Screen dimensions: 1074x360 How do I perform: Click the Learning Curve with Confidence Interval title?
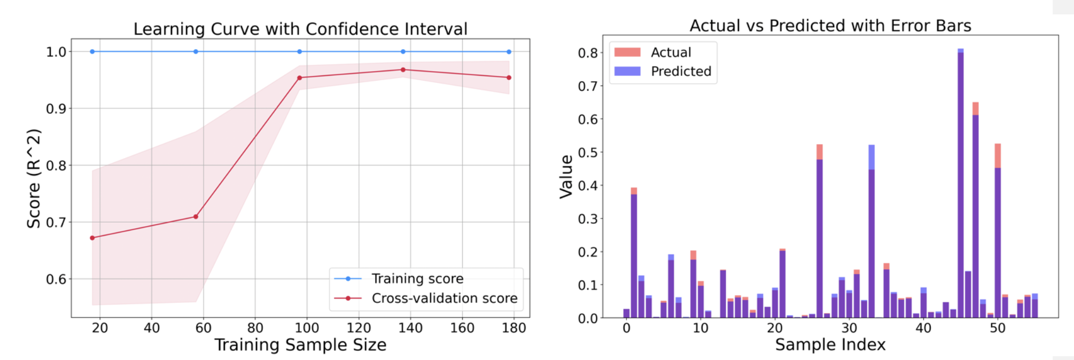tap(300, 28)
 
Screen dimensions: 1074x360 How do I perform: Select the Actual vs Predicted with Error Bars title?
tap(830, 25)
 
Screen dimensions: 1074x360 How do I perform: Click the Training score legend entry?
tap(399, 278)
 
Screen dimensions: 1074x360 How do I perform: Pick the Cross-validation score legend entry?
tap(425, 298)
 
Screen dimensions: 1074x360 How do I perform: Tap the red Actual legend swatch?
tap(627, 52)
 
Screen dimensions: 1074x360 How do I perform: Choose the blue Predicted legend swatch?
tap(627, 71)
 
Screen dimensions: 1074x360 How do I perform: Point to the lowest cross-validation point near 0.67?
tap(92, 238)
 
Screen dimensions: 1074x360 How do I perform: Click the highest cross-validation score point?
tap(403, 69)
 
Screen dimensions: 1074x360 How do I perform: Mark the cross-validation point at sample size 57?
tap(196, 216)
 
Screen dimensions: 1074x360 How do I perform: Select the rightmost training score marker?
tap(509, 52)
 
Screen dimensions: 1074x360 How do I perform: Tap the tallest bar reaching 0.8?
tap(961, 183)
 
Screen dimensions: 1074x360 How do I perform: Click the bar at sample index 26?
tap(820, 231)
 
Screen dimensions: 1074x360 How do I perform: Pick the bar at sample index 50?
tap(998, 231)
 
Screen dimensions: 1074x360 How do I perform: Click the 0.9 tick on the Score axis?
tap(56, 108)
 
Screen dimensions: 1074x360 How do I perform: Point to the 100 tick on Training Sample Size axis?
tap(307, 327)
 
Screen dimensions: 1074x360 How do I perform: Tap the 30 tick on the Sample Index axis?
tap(849, 327)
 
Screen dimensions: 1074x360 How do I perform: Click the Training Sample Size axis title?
tap(300, 345)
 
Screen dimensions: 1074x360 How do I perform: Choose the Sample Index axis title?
tap(830, 345)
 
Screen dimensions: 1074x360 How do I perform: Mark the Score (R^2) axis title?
tap(34, 178)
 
